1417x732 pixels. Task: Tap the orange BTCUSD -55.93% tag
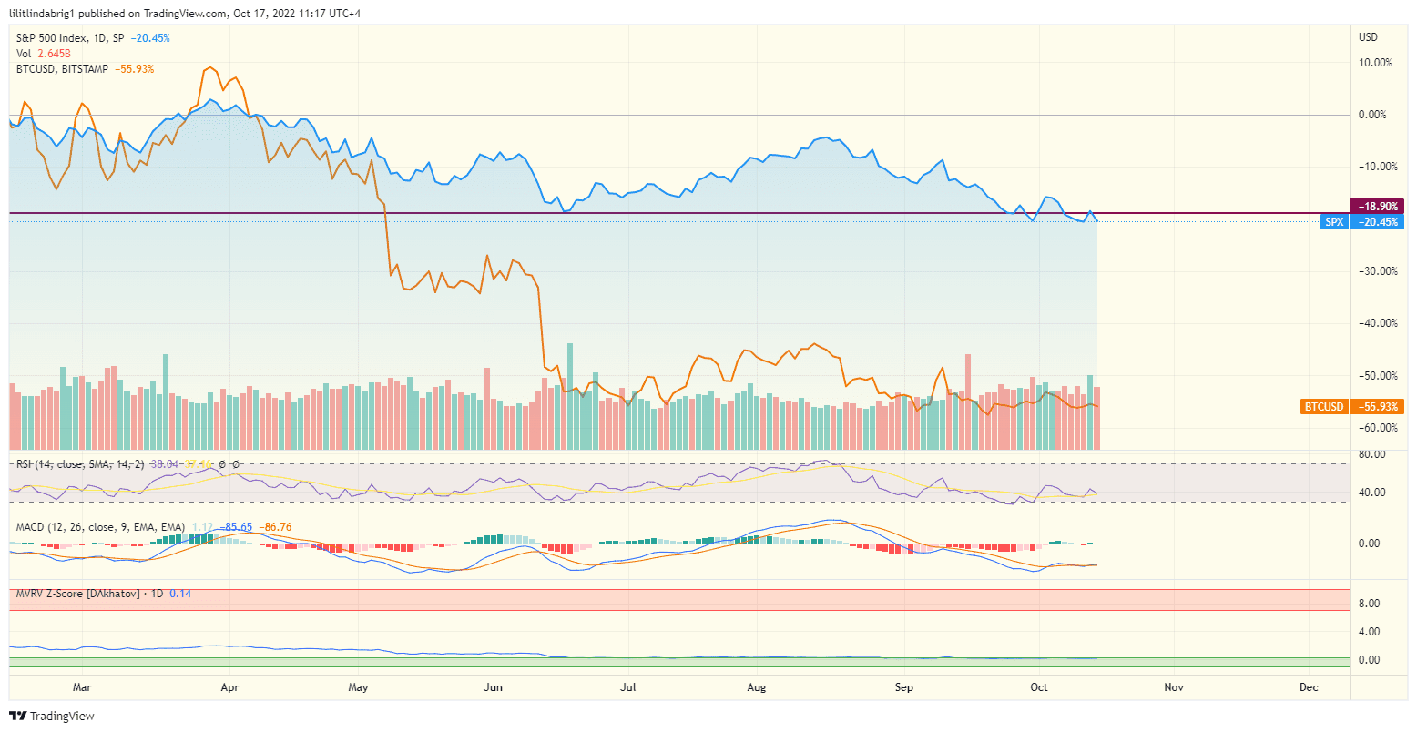pos(1351,407)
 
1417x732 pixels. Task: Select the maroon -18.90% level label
pos(1375,207)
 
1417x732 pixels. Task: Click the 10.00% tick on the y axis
pos(1375,63)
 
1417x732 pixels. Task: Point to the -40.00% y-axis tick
pos(1375,323)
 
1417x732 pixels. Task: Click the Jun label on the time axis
pos(493,687)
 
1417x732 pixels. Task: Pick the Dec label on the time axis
pos(1309,687)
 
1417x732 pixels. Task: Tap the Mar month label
pos(82,687)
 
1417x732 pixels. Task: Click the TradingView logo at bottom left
pos(52,716)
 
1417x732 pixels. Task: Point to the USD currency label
pos(1368,37)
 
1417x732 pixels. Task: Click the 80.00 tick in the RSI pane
pos(1371,454)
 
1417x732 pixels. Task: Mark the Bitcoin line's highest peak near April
pos(209,67)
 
